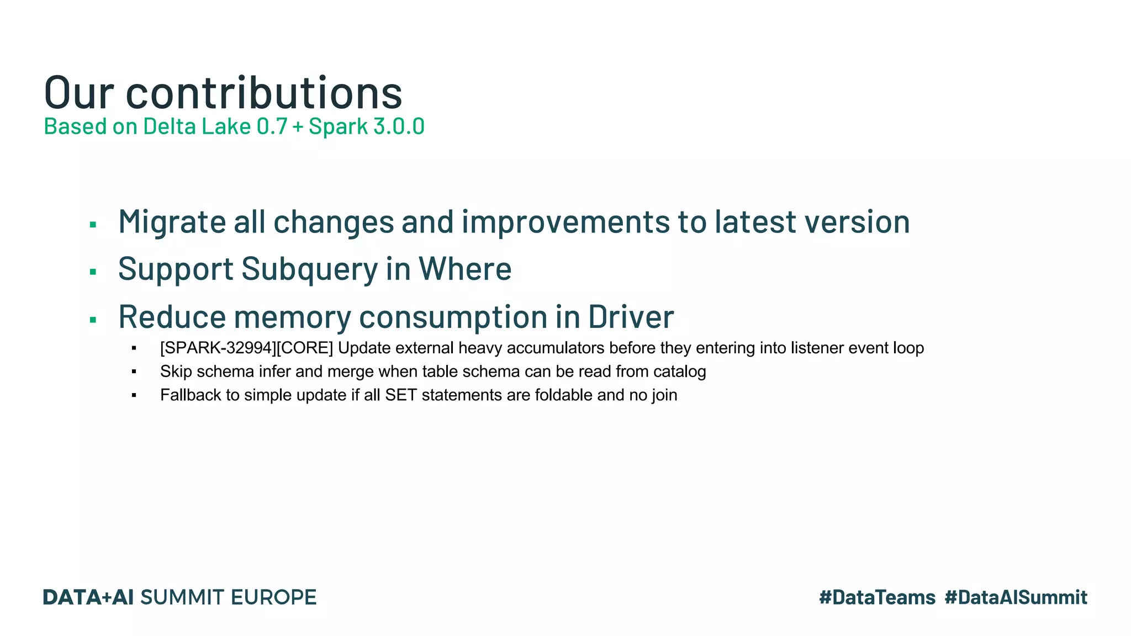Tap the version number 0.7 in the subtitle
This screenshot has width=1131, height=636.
pyautogui.click(x=272, y=126)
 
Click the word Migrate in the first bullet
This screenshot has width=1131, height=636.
pyautogui.click(x=172, y=222)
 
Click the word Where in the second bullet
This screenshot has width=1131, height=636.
pyautogui.click(x=464, y=269)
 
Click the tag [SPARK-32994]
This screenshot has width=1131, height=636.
pyautogui.click(x=218, y=348)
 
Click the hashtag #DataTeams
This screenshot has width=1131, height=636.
pyautogui.click(x=877, y=597)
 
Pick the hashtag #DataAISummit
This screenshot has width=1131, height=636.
pyautogui.click(x=1016, y=597)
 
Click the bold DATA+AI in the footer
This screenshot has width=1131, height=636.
pyautogui.click(x=88, y=597)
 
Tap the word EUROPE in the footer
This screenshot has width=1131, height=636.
pyautogui.click(x=273, y=597)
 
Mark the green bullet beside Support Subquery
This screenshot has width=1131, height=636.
pyautogui.click(x=93, y=272)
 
